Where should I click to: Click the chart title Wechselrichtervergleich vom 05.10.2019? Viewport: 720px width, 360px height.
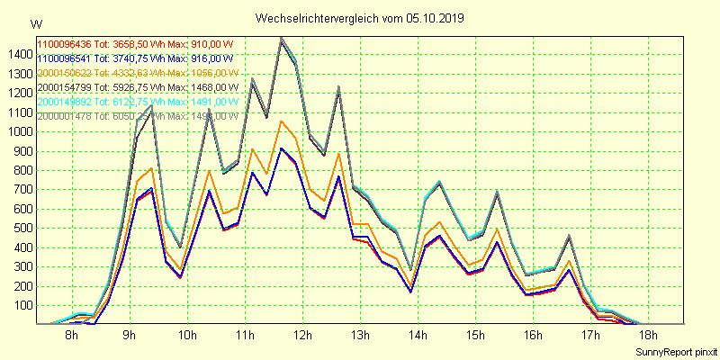pyautogui.click(x=360, y=18)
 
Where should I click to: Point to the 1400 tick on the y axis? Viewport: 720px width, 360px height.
pyautogui.click(x=16, y=55)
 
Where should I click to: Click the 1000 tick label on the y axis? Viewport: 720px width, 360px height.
pyautogui.click(x=16, y=131)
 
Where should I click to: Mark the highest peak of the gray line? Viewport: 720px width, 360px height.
pyautogui.click(x=281, y=38)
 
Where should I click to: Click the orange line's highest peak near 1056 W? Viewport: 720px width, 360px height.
pyautogui.click(x=281, y=121)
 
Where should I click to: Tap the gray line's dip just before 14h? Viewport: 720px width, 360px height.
pyautogui.click(x=410, y=270)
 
